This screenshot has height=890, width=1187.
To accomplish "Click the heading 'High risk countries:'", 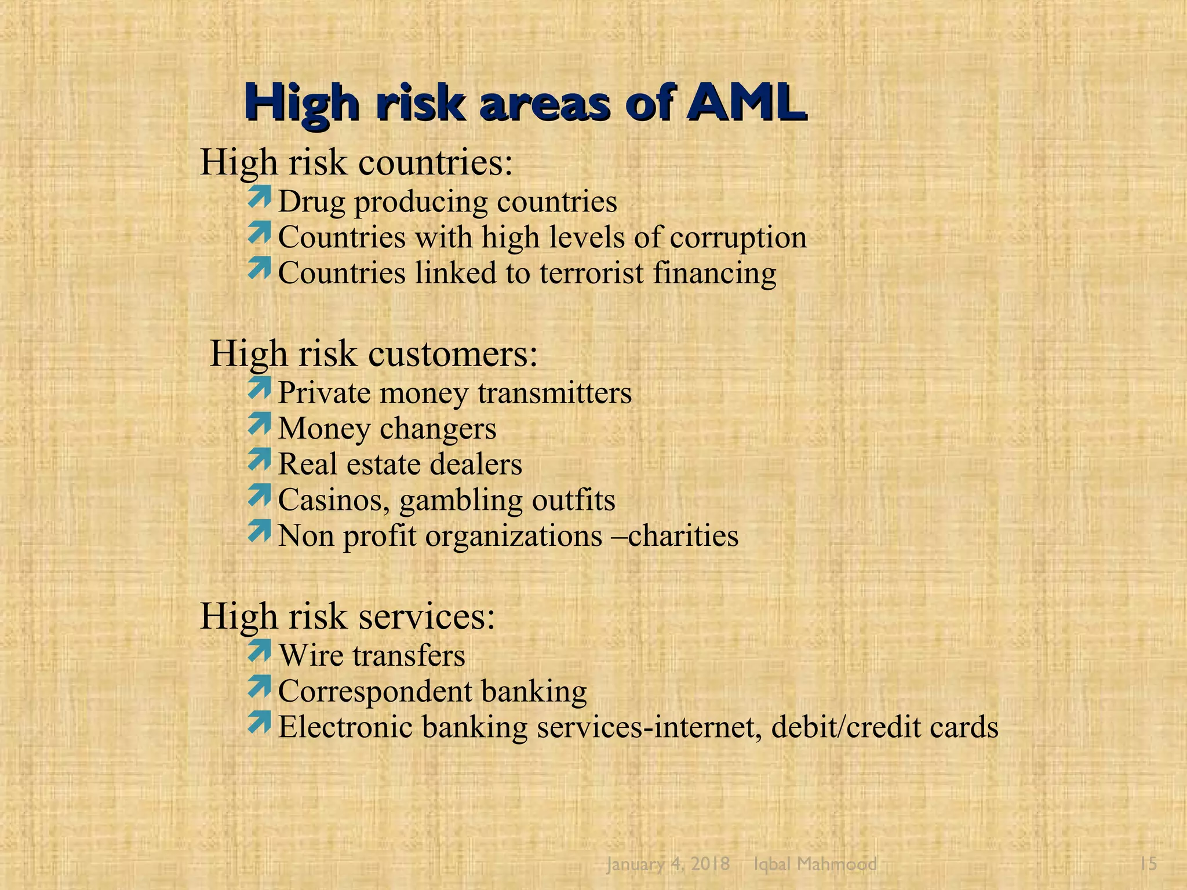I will tap(356, 162).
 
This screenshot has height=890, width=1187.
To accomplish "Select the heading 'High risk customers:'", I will tap(374, 353).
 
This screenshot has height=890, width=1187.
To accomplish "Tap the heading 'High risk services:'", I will tap(348, 616).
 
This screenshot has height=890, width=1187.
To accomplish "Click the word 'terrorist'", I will tap(591, 273).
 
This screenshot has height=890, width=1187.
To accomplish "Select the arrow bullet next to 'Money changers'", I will tap(259, 424).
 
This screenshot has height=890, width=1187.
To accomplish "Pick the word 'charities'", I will tap(683, 536).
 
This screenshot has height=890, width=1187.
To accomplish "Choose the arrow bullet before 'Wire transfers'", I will tap(259, 651).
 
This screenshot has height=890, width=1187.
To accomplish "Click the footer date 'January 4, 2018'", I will tap(668, 864).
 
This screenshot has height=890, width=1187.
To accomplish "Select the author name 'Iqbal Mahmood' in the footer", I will tap(815, 864).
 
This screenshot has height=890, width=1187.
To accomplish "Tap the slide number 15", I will tap(1148, 864).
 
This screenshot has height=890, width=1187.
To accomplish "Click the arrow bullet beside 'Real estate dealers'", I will tap(259, 459).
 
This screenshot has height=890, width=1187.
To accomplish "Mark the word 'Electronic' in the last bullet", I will tap(345, 727).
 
